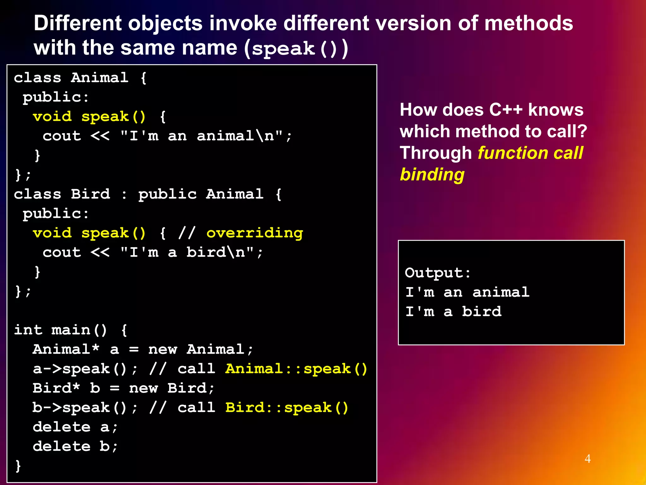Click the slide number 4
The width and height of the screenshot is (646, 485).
click(587, 458)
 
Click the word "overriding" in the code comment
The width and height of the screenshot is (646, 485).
click(255, 233)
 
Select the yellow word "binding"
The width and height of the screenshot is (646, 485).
click(432, 175)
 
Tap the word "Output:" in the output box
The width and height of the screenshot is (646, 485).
click(438, 273)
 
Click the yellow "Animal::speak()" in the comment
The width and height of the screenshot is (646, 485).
click(296, 369)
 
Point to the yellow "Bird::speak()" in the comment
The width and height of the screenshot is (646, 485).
click(287, 408)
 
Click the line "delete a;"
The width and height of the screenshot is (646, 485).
click(75, 427)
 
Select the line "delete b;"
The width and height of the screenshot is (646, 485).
click(75, 446)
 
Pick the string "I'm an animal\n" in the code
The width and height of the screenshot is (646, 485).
click(202, 136)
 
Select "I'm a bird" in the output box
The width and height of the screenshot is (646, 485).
click(453, 312)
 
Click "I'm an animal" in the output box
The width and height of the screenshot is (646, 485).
click(467, 292)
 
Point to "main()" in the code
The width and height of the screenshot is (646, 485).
click(79, 330)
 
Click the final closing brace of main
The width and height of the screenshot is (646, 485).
click(18, 466)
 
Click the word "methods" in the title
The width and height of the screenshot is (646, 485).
click(528, 23)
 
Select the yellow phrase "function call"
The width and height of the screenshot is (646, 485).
click(530, 153)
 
